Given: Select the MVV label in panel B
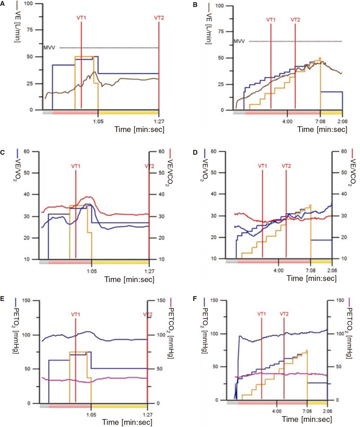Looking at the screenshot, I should point(239,41).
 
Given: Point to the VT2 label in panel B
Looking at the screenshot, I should point(295,20).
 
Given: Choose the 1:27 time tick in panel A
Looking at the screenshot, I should point(159,121).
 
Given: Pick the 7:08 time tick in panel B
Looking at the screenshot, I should point(320,121).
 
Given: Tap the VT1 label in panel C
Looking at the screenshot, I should point(76,166).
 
